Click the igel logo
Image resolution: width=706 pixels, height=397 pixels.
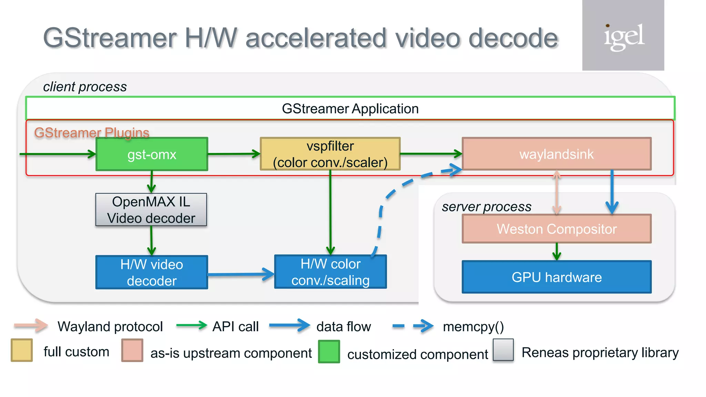tap(623, 36)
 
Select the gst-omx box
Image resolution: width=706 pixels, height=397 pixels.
tap(152, 154)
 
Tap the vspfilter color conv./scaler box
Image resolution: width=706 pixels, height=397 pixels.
tap(330, 154)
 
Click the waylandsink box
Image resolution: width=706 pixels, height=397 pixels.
tap(556, 154)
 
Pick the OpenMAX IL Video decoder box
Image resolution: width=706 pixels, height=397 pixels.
tap(151, 210)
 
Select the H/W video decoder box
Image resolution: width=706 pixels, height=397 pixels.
tap(152, 272)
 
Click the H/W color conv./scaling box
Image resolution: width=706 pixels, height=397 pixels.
tap(330, 272)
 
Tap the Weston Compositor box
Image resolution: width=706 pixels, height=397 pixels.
tap(556, 229)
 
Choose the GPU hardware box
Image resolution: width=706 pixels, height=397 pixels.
tap(556, 277)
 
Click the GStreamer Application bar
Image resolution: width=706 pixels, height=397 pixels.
tap(350, 109)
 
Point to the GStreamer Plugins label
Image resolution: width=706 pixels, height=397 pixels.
tap(92, 133)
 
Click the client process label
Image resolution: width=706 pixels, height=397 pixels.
tap(85, 87)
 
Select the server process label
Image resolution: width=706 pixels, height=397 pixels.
tap(486, 207)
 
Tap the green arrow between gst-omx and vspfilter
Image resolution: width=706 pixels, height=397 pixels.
tap(234, 154)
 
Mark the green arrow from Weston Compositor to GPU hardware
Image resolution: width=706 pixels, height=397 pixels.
tap(556, 252)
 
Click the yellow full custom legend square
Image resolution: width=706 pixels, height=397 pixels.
tap(22, 350)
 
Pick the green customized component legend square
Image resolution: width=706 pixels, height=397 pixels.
tap(329, 352)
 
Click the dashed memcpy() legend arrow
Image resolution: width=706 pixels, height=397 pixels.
tap(413, 326)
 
